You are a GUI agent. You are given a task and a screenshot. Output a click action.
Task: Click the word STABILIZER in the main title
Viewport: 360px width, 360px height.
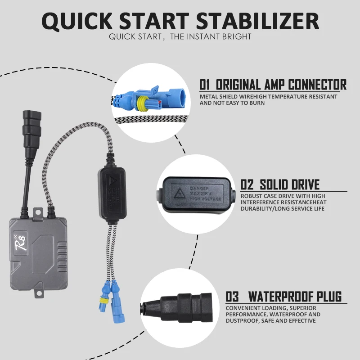pos(257,21)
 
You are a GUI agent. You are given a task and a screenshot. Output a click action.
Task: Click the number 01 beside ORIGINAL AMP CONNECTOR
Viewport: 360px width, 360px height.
pos(205,85)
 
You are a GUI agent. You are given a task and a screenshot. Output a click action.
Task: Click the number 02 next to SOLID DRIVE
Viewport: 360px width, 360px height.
pos(247,184)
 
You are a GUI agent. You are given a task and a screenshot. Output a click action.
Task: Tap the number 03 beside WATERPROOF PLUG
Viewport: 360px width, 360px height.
pos(232,297)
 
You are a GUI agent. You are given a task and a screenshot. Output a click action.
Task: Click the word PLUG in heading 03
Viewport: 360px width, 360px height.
pos(328,297)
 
